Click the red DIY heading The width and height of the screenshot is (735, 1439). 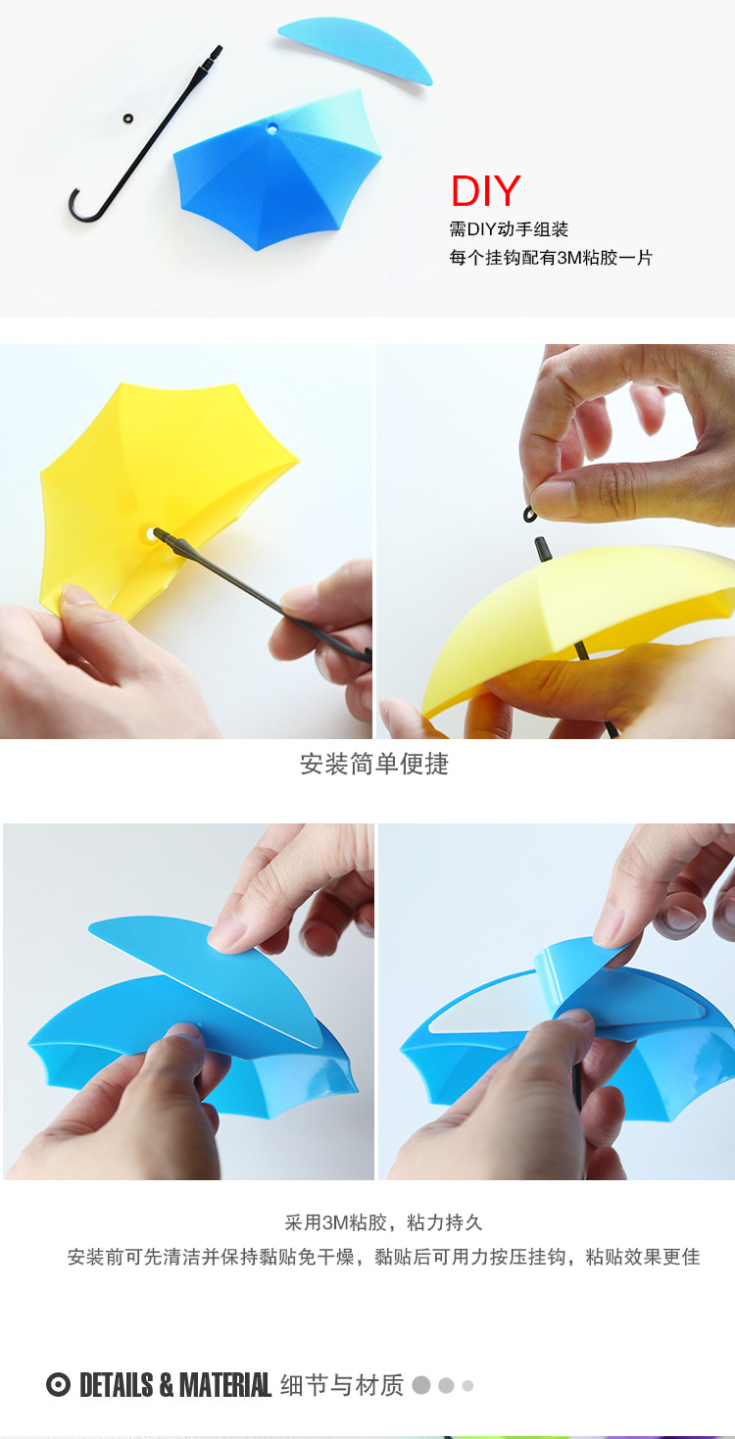(x=486, y=191)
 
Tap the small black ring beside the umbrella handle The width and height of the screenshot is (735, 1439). (x=127, y=119)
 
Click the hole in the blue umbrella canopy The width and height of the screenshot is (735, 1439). (x=271, y=129)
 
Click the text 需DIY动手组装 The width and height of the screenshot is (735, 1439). (x=509, y=229)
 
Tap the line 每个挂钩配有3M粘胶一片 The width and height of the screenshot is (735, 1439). (x=551, y=258)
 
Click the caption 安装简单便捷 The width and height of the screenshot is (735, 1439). (x=374, y=764)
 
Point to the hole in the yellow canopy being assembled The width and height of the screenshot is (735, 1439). (x=151, y=534)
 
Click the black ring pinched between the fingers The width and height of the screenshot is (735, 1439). (x=529, y=515)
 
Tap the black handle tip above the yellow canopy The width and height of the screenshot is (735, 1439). (x=541, y=549)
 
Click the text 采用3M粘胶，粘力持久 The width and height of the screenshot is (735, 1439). (x=383, y=1222)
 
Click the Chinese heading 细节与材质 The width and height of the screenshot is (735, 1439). (x=342, y=1385)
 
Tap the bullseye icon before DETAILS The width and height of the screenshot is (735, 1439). (x=58, y=1384)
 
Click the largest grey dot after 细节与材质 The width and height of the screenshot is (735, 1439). (x=421, y=1385)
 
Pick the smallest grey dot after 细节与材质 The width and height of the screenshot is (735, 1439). (x=467, y=1386)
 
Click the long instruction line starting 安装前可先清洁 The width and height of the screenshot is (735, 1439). (x=383, y=1258)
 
